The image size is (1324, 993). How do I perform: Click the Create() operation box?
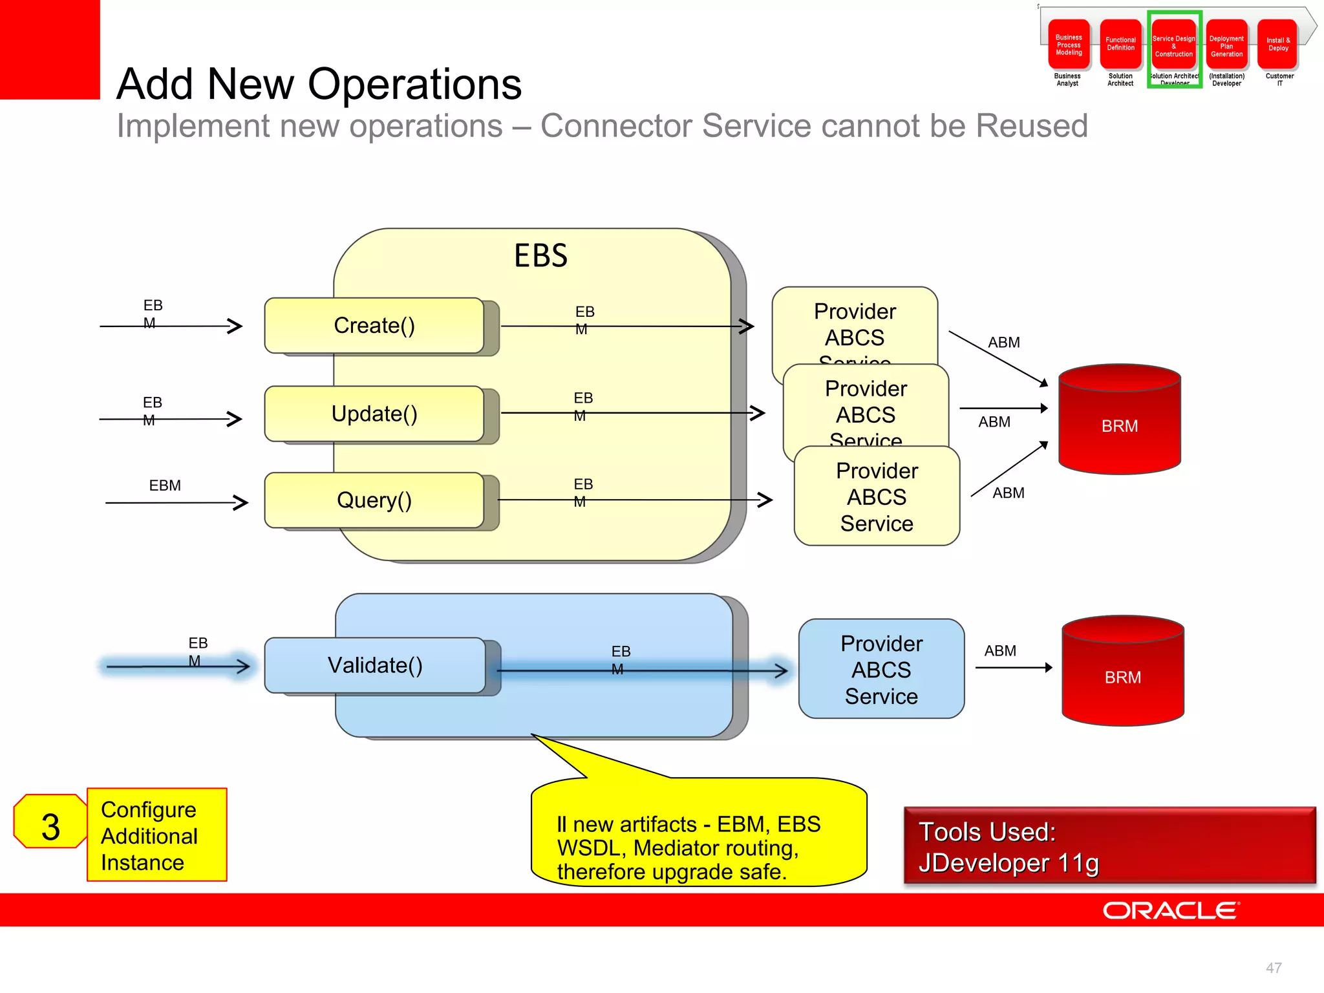pyautogui.click(x=374, y=325)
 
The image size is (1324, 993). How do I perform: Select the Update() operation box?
pyautogui.click(x=374, y=414)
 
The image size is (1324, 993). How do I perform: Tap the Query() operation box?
pyautogui.click(x=374, y=500)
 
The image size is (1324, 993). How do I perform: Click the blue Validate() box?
pyautogui.click(x=375, y=665)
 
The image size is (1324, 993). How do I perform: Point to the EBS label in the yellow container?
pyautogui.click(x=540, y=255)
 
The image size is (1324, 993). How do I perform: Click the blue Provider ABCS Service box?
pyautogui.click(x=881, y=669)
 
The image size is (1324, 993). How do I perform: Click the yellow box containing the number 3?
pyautogui.click(x=50, y=827)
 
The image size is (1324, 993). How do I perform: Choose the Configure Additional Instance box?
pyautogui.click(x=157, y=835)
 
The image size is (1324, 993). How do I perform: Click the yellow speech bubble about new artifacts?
pyautogui.click(x=698, y=840)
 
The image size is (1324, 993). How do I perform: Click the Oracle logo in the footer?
pyautogui.click(x=1171, y=910)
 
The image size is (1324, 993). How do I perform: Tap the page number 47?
pyautogui.click(x=1274, y=968)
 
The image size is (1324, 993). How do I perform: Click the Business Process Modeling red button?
pyautogui.click(x=1069, y=45)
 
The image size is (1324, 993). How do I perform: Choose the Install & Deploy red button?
pyautogui.click(x=1278, y=44)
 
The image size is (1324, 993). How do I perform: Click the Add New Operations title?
pyautogui.click(x=319, y=84)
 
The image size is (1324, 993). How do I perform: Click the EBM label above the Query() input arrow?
pyautogui.click(x=165, y=486)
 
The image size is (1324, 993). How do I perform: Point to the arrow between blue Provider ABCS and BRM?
pyautogui.click(x=1013, y=668)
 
